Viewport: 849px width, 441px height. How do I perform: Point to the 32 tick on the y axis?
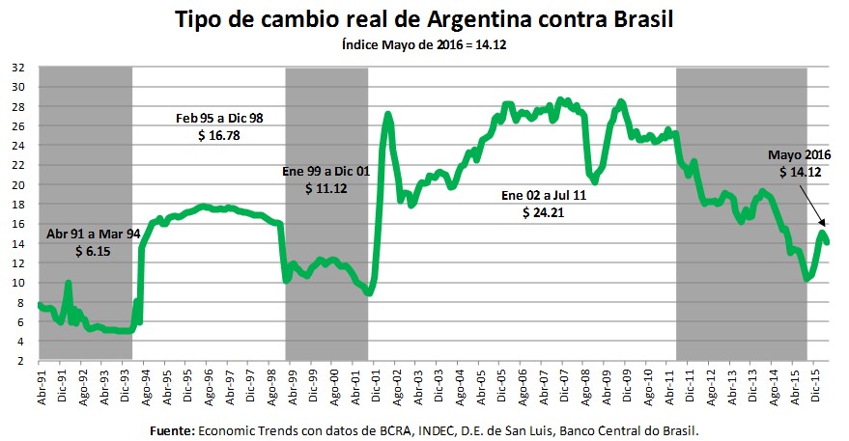(x=18, y=68)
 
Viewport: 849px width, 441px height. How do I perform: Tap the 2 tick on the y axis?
(x=21, y=361)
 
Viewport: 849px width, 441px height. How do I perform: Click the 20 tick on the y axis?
(x=18, y=184)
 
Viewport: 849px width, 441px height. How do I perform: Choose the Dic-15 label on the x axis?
(x=816, y=384)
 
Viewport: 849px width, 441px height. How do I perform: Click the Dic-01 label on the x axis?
(x=375, y=384)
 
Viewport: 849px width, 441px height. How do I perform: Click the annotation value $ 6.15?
(x=93, y=251)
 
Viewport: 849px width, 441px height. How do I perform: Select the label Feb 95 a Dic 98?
(x=220, y=118)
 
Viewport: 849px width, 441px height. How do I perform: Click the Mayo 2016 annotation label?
(x=800, y=154)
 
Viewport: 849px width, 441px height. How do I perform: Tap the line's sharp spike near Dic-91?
(x=68, y=283)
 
